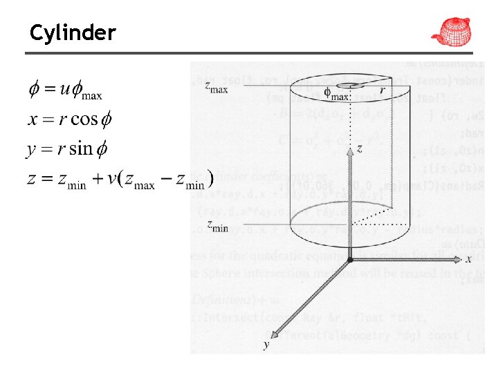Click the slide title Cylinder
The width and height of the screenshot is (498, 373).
click(x=73, y=32)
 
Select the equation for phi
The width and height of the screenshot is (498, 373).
click(x=65, y=90)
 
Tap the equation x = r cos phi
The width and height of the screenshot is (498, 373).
click(x=70, y=119)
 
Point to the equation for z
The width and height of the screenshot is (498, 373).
click(x=118, y=180)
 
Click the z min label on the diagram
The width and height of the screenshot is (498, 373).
click(x=217, y=224)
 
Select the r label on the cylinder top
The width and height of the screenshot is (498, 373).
click(x=382, y=91)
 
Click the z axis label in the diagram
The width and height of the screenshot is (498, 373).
click(x=359, y=149)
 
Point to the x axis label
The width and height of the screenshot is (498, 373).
click(x=468, y=258)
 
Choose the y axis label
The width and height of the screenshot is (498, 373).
click(x=266, y=344)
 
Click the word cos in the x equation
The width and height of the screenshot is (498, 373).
click(x=84, y=119)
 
